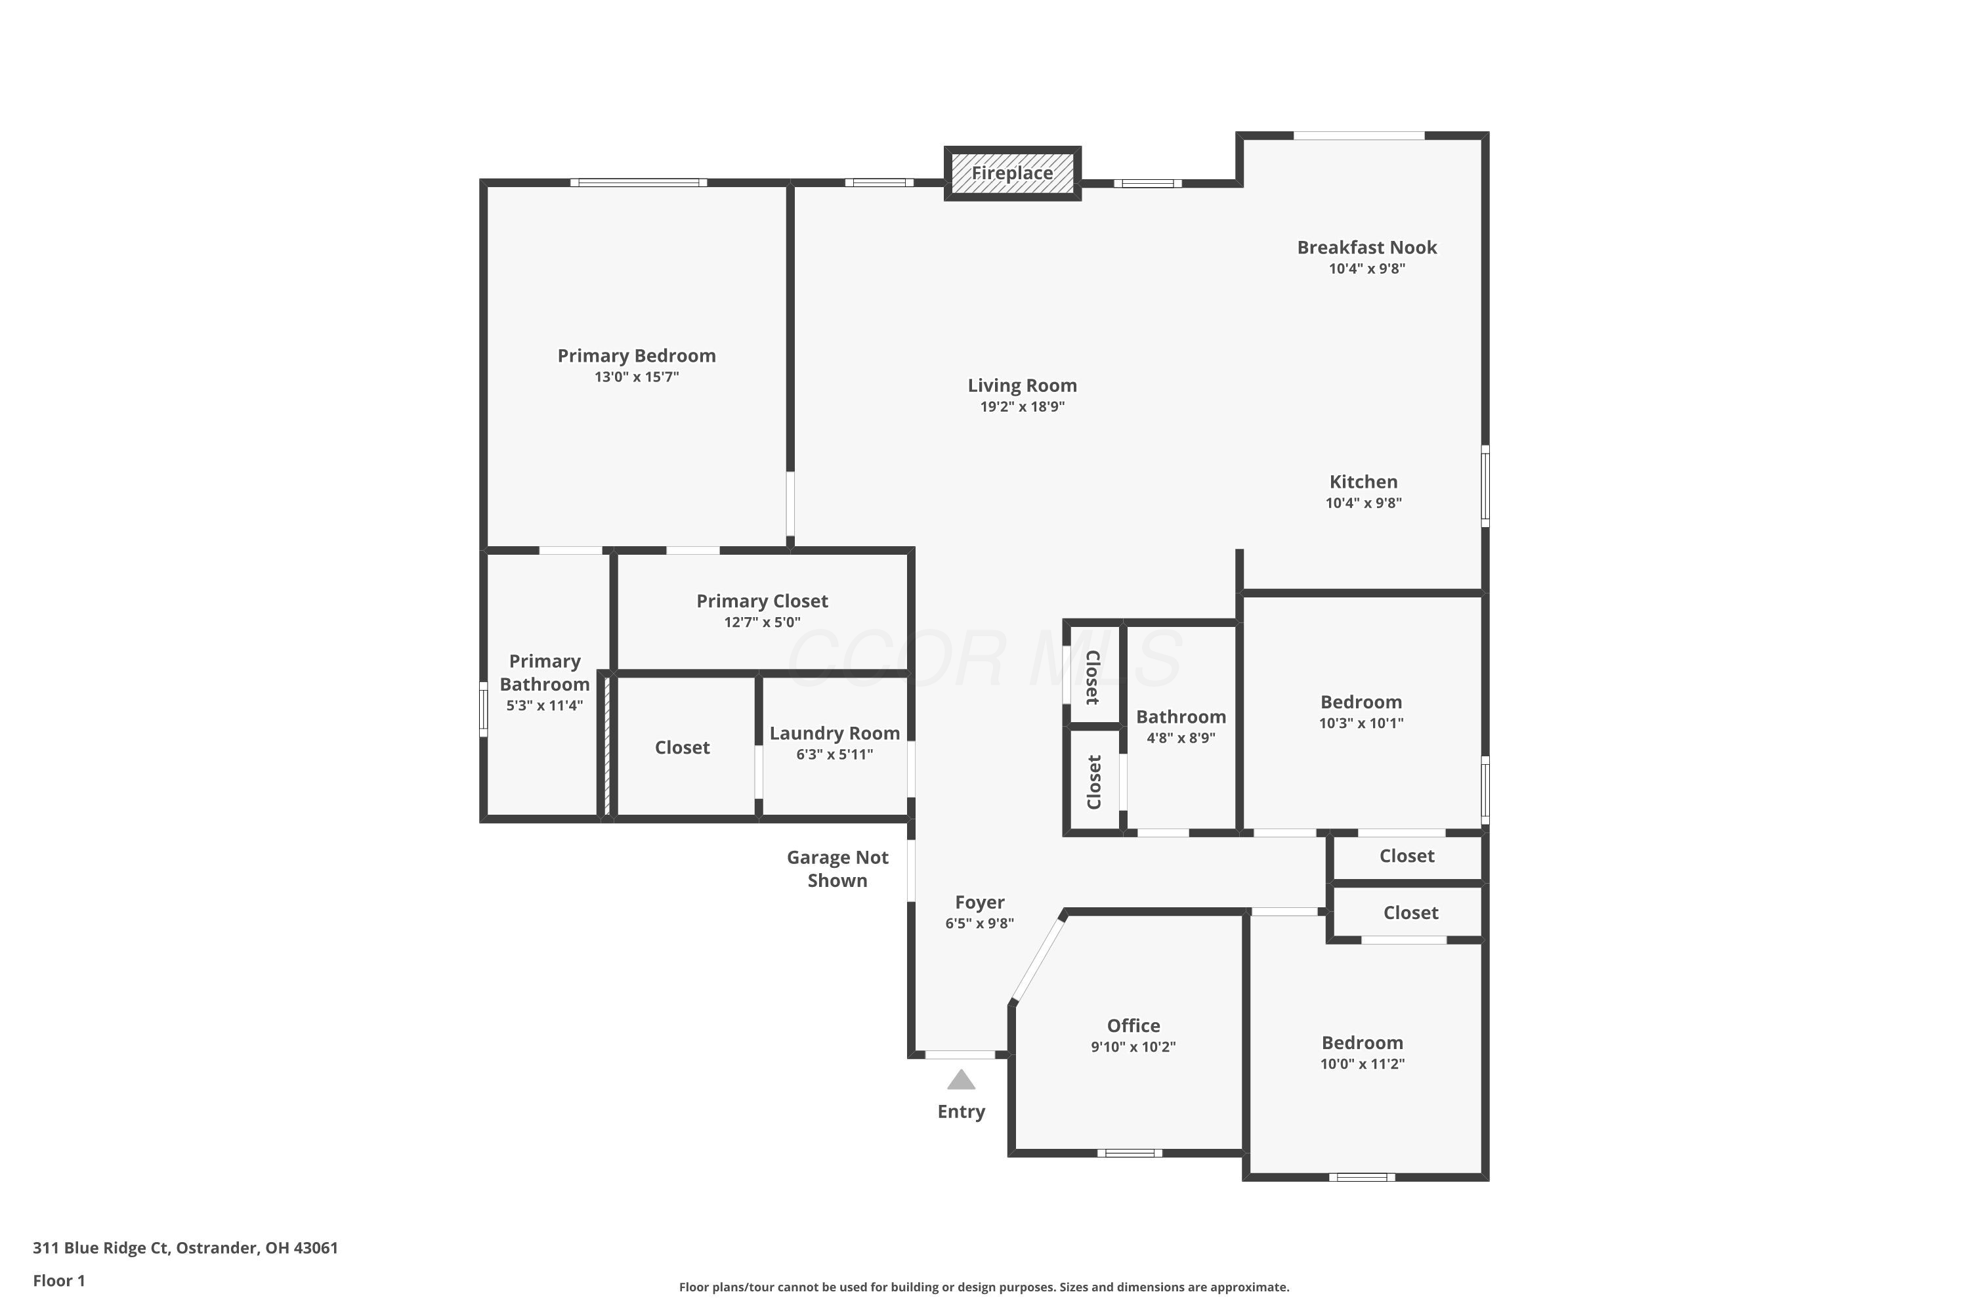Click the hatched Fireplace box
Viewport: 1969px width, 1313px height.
click(1012, 173)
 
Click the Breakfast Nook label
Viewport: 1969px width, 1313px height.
click(1367, 248)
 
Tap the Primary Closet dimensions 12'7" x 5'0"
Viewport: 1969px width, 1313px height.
click(762, 622)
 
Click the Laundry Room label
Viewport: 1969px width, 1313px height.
click(835, 733)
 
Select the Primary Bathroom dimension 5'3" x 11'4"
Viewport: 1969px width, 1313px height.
click(544, 705)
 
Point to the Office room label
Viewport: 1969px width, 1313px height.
click(1133, 1025)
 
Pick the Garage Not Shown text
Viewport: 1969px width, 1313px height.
click(837, 869)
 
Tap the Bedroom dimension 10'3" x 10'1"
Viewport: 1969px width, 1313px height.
click(1361, 723)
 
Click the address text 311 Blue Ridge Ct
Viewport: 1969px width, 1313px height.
click(100, 1248)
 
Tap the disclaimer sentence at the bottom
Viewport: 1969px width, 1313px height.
click(984, 1287)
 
